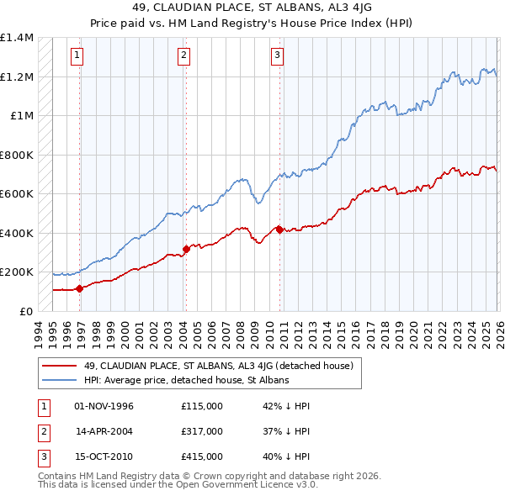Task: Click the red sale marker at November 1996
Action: (80, 288)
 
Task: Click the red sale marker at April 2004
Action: (186, 248)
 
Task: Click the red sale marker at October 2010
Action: (279, 228)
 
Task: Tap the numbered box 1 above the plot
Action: (77, 56)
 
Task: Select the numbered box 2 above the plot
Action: (183, 56)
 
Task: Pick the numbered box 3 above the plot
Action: (277, 56)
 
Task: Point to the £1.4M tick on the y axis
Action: (17, 38)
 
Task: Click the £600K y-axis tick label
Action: (17, 194)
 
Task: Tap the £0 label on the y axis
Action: (25, 311)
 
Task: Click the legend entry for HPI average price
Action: (186, 380)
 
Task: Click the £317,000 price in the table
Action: (201, 431)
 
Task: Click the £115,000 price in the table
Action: (201, 406)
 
